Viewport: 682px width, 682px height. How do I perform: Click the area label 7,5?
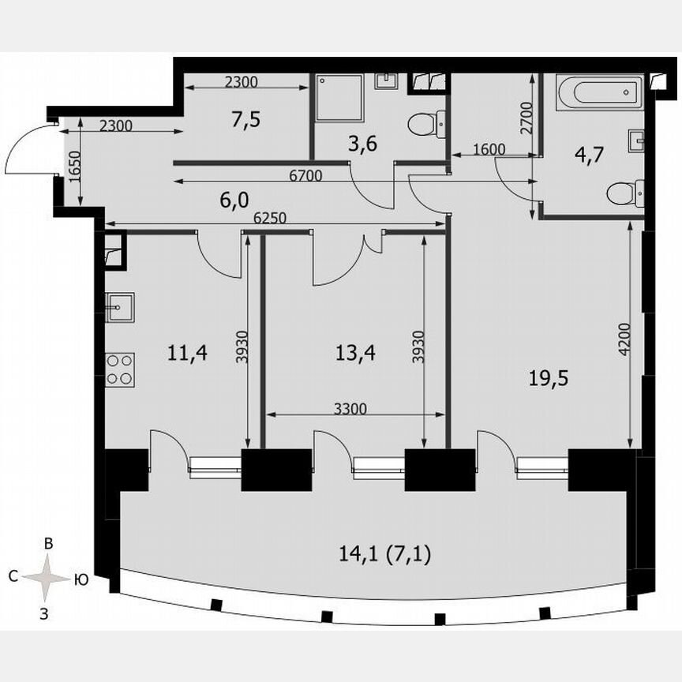[246, 120]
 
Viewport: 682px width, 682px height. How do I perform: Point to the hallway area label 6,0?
[234, 200]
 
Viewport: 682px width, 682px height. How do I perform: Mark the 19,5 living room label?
[549, 378]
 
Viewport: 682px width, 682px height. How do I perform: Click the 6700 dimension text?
[305, 177]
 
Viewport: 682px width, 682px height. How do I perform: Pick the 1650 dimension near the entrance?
[73, 167]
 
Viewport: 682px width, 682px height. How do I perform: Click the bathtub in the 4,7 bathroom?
[602, 92]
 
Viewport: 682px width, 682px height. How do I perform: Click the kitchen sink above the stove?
[120, 305]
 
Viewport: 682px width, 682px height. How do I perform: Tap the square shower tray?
[340, 97]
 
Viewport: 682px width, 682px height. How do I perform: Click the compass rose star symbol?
[47, 578]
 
